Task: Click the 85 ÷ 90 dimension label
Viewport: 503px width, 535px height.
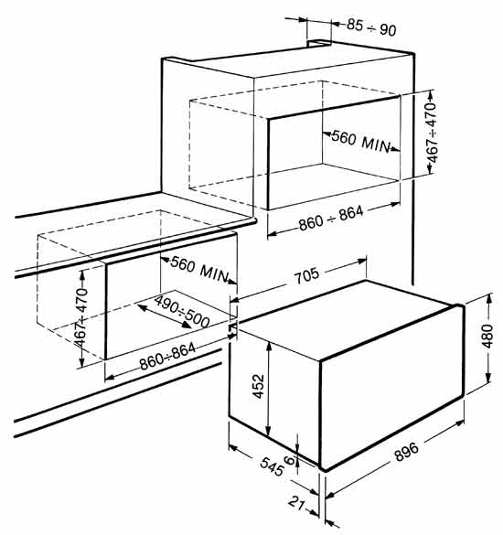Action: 371,27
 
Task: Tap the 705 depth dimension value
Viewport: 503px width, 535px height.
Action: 306,275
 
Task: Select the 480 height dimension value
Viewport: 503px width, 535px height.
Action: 487,336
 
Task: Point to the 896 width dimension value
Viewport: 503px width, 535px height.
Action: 406,452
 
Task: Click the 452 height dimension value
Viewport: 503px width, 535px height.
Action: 258,386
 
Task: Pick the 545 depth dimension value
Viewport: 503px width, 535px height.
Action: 272,467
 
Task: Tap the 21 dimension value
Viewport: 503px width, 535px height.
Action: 296,503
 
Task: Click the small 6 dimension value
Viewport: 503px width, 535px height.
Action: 289,460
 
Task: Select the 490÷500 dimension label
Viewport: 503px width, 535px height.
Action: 182,312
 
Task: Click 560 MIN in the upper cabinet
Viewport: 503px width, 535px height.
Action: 360,141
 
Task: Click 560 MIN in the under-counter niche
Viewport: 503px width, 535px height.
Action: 199,269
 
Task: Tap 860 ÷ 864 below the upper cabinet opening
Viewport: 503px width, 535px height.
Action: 331,218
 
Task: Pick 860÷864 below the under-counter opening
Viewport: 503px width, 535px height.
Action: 167,357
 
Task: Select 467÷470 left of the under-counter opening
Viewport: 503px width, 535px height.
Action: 80,318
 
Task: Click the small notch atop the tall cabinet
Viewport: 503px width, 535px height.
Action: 319,43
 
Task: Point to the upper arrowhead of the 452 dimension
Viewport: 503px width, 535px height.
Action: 269,347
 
